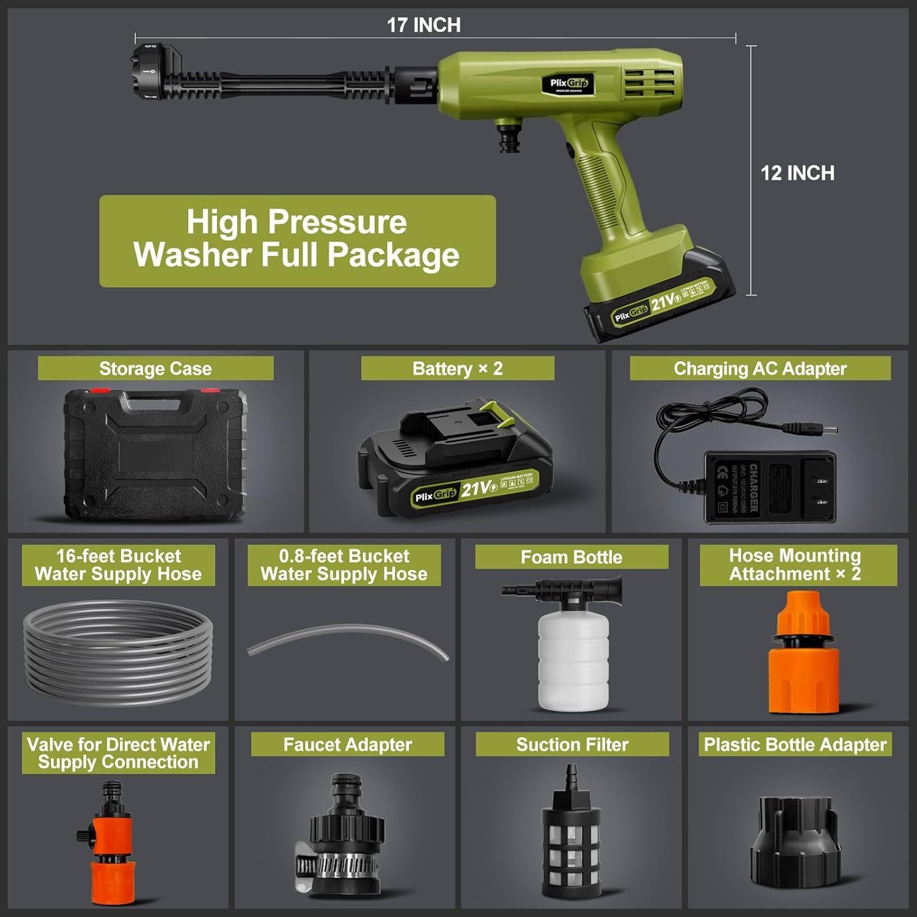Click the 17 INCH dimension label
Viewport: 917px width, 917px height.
point(424,25)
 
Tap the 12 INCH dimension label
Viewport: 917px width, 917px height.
point(797,173)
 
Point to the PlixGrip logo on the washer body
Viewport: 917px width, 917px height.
point(568,84)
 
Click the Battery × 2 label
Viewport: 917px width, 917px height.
point(457,369)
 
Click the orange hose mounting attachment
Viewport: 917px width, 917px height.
point(803,654)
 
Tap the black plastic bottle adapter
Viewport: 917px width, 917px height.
point(794,841)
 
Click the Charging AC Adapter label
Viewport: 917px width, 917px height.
point(760,369)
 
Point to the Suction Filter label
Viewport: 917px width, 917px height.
point(572,744)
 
